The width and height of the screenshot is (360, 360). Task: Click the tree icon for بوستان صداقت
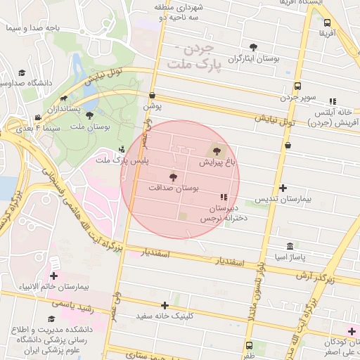click(x=173, y=177)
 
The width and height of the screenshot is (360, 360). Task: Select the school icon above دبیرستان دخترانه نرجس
click(x=224, y=198)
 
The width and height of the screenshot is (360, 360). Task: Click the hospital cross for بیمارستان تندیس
click(x=283, y=188)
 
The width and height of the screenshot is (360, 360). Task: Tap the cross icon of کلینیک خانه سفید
click(x=165, y=305)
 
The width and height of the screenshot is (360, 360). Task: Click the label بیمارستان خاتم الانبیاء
click(x=53, y=287)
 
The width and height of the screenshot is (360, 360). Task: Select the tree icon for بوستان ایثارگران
click(x=252, y=48)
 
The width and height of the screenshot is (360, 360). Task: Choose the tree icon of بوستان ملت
click(x=89, y=115)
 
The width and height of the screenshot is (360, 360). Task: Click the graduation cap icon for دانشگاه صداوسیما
click(x=22, y=72)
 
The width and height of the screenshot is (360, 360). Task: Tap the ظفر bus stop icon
click(x=250, y=345)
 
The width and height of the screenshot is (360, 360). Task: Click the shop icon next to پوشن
click(x=152, y=95)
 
